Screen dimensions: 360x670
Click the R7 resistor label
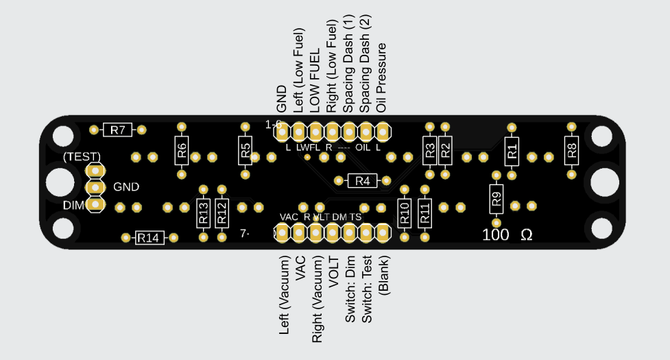pyautogui.click(x=118, y=130)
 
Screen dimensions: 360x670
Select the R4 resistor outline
pyautogui.click(x=363, y=181)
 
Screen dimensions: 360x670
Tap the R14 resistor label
pyautogui.click(x=149, y=238)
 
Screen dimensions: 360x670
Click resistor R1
pyautogui.click(x=512, y=151)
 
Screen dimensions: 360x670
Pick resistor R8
pyautogui.click(x=572, y=150)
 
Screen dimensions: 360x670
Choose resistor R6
pyautogui.click(x=182, y=150)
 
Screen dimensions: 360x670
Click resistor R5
pyautogui.click(x=246, y=150)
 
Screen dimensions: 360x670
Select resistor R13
pyautogui.click(x=203, y=213)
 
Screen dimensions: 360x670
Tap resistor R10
pyautogui.click(x=404, y=213)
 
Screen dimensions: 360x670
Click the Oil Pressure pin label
pyautogui.click(x=382, y=77)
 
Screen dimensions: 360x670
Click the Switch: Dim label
pyautogui.click(x=350, y=289)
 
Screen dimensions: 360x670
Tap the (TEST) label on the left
pyautogui.click(x=82, y=156)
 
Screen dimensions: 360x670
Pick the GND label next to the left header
pyautogui.click(x=126, y=187)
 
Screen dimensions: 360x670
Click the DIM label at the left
pyautogui.click(x=73, y=205)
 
